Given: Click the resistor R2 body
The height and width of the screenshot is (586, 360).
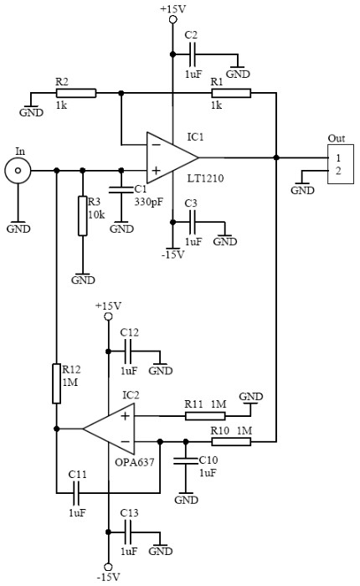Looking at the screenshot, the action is tap(76, 93).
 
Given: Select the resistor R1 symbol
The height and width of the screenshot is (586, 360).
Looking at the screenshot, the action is tap(231, 93).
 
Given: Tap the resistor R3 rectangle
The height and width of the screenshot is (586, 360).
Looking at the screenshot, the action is tap(83, 216).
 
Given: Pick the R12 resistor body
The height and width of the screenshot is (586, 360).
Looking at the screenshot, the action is tap(56, 383).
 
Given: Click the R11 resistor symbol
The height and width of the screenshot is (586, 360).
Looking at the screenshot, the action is tap(205, 415).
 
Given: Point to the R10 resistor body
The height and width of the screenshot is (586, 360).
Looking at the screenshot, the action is tap(231, 442).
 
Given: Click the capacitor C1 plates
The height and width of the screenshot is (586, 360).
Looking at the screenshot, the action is tap(121, 189).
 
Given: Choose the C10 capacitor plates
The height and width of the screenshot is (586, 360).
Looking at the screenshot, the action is tap(186, 460).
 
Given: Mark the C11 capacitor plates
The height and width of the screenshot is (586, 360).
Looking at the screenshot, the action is tap(77, 493).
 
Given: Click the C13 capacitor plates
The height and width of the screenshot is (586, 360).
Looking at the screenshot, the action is tap(129, 532).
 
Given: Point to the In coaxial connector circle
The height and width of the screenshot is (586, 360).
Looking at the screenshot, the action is tap(18, 171).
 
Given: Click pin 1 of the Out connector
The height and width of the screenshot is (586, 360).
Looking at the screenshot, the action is tap(338, 157).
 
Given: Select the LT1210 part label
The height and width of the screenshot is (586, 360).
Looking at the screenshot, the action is tap(206, 177).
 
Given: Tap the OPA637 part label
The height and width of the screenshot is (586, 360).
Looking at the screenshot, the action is tap(135, 462).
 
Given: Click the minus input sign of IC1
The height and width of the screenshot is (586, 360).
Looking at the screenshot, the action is tap(156, 144).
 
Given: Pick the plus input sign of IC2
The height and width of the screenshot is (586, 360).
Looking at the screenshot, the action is tap(126, 415).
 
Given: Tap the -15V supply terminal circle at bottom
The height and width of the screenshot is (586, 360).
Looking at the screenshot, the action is tap(108, 568).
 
